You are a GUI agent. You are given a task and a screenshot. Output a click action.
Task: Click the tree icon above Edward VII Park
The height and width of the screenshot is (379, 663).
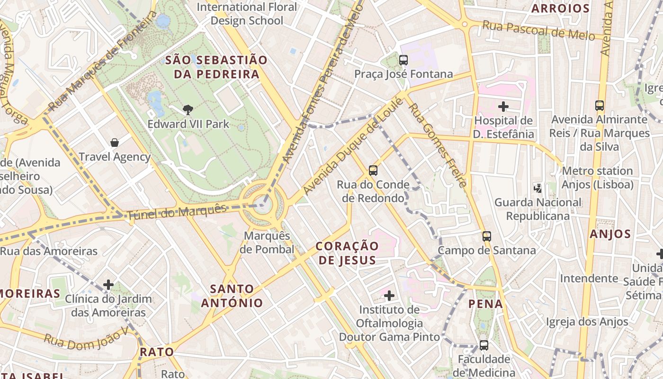[188, 110]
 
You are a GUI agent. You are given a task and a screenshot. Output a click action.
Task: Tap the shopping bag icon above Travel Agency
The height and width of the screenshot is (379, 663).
[114, 143]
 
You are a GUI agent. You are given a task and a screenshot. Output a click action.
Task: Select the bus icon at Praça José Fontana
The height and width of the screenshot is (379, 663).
[403, 60]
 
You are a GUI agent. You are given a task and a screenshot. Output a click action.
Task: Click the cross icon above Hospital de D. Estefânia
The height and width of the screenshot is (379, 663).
[503, 106]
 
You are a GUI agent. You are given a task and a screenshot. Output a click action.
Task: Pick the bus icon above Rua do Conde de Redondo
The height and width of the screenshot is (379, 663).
[373, 170]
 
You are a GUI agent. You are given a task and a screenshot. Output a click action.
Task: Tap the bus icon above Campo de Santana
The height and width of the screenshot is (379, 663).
[487, 236]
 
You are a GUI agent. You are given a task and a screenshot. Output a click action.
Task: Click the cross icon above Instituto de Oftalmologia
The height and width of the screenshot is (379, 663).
[389, 296]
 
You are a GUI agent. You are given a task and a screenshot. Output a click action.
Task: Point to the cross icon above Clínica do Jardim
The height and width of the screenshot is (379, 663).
[108, 285]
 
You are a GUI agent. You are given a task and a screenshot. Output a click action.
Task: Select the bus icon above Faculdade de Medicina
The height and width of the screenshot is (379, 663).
[484, 345]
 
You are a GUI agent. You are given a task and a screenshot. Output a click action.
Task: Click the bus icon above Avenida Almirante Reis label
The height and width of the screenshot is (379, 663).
[600, 106]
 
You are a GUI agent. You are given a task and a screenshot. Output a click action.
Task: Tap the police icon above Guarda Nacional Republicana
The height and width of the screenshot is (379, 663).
[538, 188]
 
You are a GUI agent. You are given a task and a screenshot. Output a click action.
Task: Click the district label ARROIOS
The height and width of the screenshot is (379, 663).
[560, 9]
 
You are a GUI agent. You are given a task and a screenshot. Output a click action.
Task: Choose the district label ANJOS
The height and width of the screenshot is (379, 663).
[610, 234]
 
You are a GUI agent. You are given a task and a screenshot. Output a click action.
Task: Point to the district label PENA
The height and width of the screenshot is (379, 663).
[485, 304]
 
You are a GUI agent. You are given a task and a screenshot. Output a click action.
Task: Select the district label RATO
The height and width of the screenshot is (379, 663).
[157, 352]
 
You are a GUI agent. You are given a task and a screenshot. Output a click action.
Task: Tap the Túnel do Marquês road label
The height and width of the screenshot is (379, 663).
[177, 212]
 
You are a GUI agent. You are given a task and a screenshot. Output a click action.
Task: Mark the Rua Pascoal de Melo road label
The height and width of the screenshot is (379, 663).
[538, 31]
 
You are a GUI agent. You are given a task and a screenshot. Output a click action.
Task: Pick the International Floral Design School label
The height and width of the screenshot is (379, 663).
[247, 14]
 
